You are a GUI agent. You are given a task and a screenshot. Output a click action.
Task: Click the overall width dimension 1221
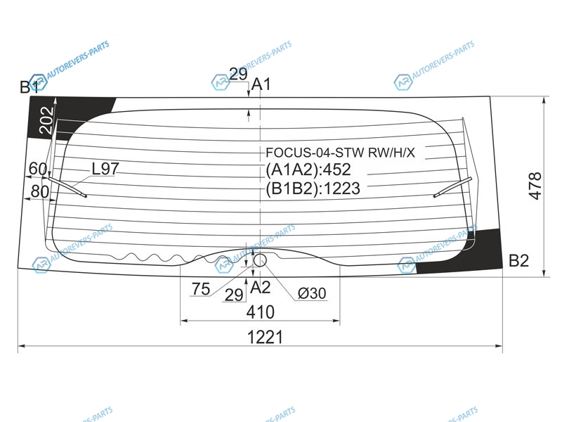tap(265, 338)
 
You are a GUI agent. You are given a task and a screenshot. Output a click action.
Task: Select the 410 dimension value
tap(260, 312)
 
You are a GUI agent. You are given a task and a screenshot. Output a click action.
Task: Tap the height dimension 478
tap(535, 186)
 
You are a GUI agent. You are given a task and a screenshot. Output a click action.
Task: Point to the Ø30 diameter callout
tap(312, 293)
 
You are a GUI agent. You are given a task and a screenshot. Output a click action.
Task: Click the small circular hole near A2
tap(260, 260)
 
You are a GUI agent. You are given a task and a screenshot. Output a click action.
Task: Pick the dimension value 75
tap(201, 288)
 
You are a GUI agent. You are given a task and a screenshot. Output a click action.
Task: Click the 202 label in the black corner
tap(46, 120)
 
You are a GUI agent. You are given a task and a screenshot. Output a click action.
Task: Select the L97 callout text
tap(105, 169)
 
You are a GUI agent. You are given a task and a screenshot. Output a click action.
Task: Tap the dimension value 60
tap(38, 169)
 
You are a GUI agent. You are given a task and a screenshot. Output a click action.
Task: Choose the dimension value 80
tap(40, 191)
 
